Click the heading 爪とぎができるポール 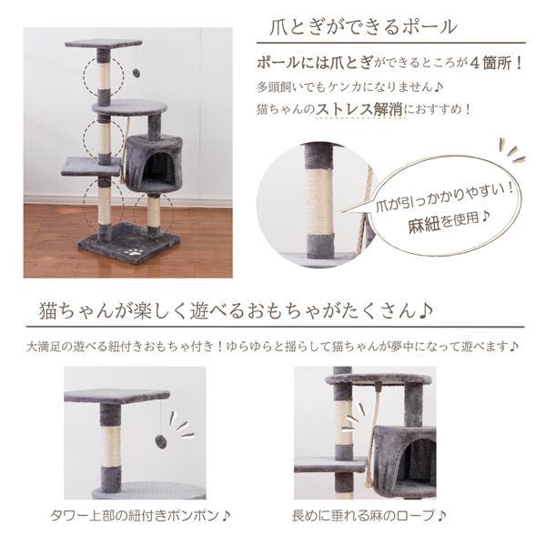point(363,26)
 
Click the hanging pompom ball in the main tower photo point(136,73)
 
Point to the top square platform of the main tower point(104,44)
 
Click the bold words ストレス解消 point(359,110)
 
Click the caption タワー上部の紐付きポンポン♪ point(141,516)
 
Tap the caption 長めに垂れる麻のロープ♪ point(369,516)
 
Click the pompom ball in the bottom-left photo point(160,441)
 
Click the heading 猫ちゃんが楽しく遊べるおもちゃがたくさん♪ point(236,310)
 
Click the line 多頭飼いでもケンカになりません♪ point(349,87)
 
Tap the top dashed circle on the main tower point(104,76)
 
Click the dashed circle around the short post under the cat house point(154,212)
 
